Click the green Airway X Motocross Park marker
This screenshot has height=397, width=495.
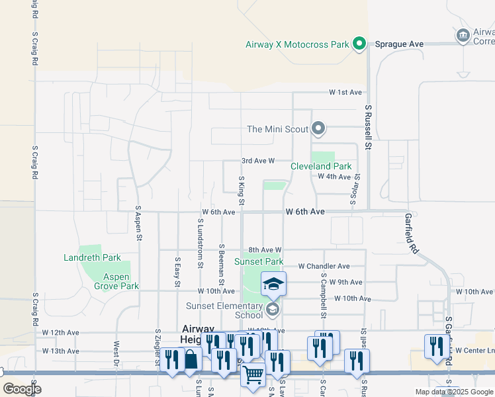[x=359, y=44]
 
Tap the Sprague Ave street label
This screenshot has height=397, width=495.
[x=399, y=44]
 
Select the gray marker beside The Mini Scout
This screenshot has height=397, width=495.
[x=318, y=128]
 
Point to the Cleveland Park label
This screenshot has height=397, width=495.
[x=321, y=167]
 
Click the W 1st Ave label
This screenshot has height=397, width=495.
[x=346, y=93]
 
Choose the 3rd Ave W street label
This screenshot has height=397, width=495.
[x=258, y=161]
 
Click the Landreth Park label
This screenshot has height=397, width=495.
[x=92, y=257]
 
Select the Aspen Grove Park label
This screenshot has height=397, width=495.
[x=116, y=281]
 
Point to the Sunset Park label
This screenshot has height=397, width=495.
[x=259, y=262]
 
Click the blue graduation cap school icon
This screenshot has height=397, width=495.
[x=273, y=283]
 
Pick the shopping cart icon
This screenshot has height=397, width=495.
[x=253, y=375]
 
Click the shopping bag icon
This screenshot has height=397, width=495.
[x=190, y=359]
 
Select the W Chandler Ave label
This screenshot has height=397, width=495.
[x=324, y=266]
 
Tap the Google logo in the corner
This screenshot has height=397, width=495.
[x=22, y=389]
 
